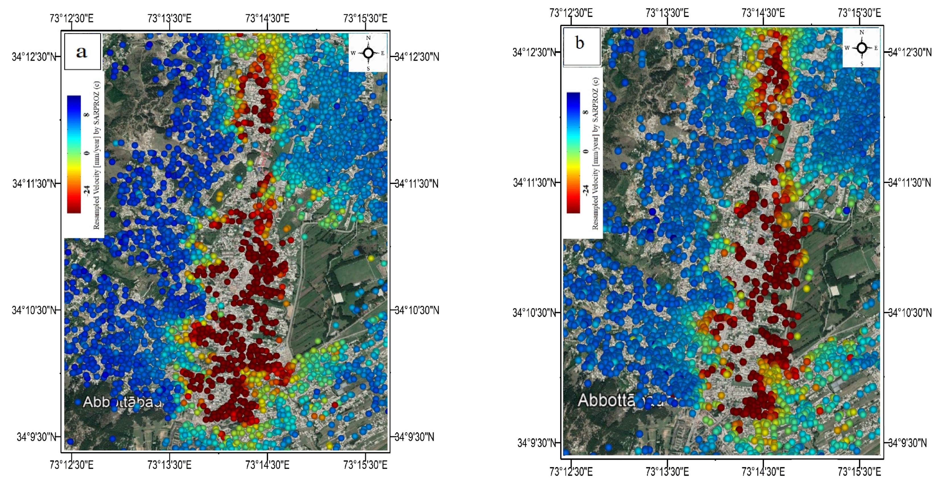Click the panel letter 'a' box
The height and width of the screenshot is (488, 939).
click(82, 52)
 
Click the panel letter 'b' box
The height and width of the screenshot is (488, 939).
click(582, 46)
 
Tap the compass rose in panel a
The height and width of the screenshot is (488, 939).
click(368, 53)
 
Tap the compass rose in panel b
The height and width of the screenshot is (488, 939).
click(862, 48)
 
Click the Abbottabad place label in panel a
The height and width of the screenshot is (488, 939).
click(122, 402)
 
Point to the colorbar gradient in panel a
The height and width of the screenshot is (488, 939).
click(74, 154)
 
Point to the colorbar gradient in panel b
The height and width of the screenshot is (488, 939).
click(573, 152)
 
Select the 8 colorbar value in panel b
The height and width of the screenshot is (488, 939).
click(586, 112)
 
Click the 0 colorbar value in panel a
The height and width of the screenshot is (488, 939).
click(87, 153)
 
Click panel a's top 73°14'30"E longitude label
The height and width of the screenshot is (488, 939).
click(267, 18)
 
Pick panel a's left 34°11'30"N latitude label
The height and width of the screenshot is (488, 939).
click(34, 183)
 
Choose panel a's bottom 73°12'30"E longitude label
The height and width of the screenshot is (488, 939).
click(71, 465)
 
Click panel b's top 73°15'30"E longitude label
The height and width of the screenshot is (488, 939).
click(859, 13)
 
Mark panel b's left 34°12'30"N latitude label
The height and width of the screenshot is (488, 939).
click(534, 52)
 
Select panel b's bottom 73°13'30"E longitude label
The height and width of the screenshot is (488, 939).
click(667, 471)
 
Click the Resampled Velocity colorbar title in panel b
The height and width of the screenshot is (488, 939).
click(595, 153)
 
